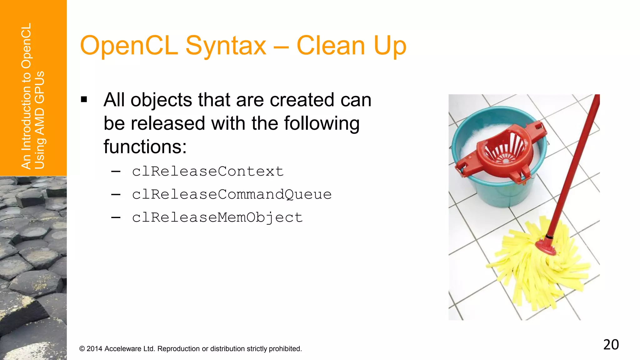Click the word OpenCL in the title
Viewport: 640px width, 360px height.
[x=129, y=46]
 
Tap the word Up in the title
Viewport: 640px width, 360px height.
[x=390, y=46]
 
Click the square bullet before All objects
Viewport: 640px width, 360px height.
[x=84, y=100]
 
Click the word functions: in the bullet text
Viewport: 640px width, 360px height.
[x=145, y=147]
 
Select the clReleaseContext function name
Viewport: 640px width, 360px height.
[x=207, y=171]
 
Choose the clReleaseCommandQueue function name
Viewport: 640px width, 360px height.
[x=232, y=194]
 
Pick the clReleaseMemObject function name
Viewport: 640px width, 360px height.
[x=217, y=217]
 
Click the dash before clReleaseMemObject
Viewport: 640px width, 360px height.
[x=116, y=217]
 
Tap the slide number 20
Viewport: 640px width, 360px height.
[x=611, y=345]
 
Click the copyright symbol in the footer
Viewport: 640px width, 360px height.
[x=82, y=349]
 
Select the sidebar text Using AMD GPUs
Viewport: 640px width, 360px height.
[x=40, y=120]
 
